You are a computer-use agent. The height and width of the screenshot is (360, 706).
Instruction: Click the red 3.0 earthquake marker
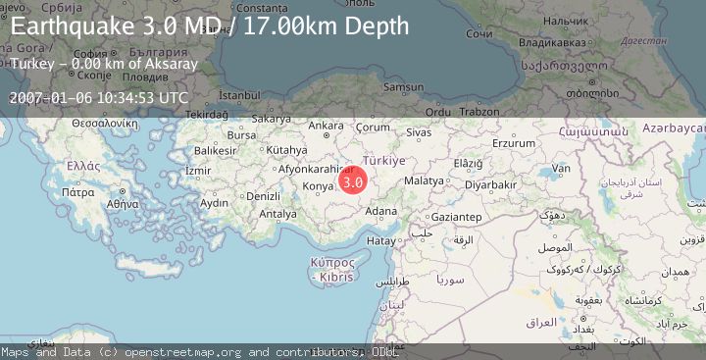(x=353, y=180)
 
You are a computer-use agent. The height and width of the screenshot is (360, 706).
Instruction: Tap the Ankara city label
(x=326, y=126)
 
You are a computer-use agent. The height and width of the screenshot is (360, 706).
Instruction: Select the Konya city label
(x=320, y=185)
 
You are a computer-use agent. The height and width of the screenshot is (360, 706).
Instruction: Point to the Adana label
(x=380, y=210)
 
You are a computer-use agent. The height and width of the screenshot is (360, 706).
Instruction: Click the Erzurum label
(x=514, y=143)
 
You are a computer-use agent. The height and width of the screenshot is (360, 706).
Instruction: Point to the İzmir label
(x=198, y=170)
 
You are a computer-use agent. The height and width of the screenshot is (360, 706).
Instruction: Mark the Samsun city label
(x=404, y=87)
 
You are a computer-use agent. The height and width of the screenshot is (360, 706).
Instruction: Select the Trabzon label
(x=479, y=112)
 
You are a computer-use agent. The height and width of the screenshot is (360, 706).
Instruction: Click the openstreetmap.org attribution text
(x=190, y=351)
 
